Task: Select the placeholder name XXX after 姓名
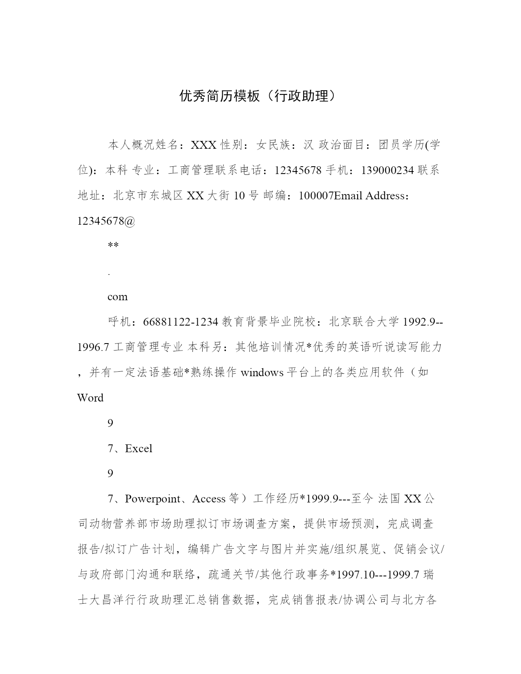point(203,145)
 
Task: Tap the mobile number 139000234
point(387,170)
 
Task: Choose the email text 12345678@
point(106,221)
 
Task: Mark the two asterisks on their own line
point(113,246)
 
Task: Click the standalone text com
point(118,297)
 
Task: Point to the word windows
point(262,373)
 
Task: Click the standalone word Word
point(90,398)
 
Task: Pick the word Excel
point(139,449)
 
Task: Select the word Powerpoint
point(152,499)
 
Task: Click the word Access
point(209,499)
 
